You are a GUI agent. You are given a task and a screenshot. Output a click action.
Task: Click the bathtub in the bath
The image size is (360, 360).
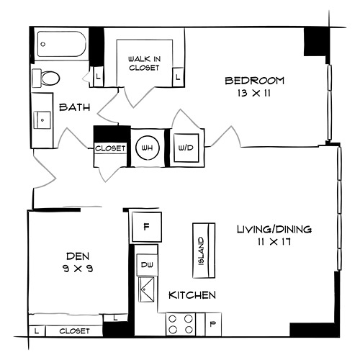point(62,44)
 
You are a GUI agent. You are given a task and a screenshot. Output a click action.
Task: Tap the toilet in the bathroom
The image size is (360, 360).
point(46,78)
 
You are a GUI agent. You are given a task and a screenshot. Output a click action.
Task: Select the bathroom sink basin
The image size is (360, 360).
point(42,120)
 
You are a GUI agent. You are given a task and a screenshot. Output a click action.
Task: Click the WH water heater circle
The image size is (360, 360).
point(148,148)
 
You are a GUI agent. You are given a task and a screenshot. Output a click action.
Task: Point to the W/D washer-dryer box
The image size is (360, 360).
point(186,148)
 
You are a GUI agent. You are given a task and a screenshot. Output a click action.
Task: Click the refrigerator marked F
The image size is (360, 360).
point(146,227)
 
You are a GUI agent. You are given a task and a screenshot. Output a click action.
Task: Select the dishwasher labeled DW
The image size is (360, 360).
point(147,265)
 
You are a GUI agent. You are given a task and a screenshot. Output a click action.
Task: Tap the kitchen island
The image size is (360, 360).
point(204,251)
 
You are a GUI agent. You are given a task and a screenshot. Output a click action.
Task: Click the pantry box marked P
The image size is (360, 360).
point(213,324)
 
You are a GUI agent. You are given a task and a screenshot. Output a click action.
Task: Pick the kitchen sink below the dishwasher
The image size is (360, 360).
point(147,289)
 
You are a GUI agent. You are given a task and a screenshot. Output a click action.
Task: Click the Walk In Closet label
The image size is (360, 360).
point(144,63)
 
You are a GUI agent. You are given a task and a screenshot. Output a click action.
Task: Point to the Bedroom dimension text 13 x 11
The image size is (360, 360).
point(254,93)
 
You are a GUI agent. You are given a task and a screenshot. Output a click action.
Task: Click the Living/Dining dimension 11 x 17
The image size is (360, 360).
point(274,241)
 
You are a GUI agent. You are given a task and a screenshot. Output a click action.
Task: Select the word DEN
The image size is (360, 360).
point(78,256)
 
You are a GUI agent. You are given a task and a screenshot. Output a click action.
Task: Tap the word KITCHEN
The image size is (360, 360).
point(192,295)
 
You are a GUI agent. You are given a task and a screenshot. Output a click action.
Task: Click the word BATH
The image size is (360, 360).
point(75,107)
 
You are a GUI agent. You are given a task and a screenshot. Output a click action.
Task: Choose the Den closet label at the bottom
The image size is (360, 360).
point(74,331)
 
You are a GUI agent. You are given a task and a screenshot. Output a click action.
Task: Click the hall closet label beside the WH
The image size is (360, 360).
point(110,148)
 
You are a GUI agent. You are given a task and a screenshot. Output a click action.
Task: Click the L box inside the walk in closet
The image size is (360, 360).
point(178,77)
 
